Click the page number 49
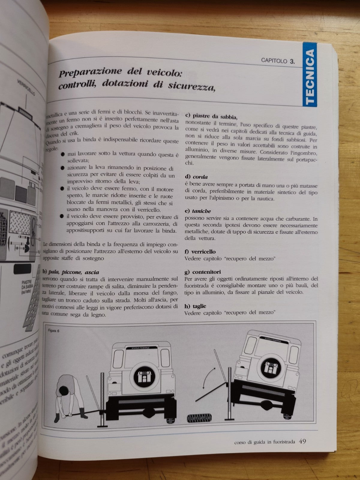coord(302,441)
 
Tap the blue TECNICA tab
coord(310,74)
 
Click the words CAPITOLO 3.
coord(278,61)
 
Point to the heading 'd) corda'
coord(196,177)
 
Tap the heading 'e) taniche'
coord(198,211)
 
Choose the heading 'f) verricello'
coord(200,252)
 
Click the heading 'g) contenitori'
coord(203,272)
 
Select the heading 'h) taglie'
coord(196,306)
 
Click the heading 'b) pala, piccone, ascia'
coord(71,272)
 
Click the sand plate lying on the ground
coord(199,417)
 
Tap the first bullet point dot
coord(62,154)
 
